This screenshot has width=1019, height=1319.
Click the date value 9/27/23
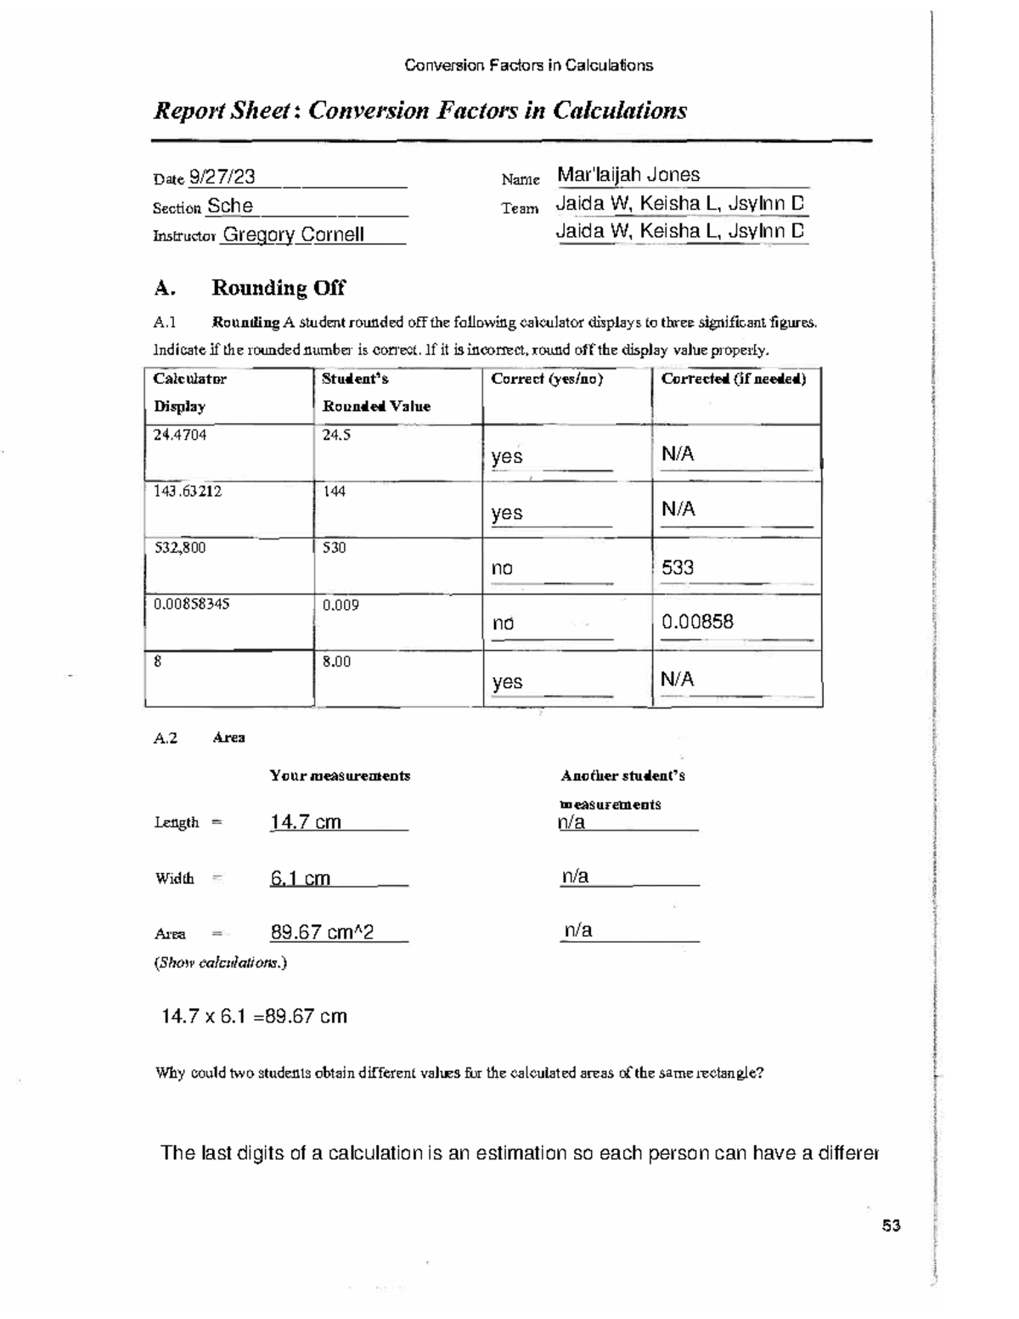click(x=222, y=177)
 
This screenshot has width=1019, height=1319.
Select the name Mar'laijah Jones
click(x=628, y=175)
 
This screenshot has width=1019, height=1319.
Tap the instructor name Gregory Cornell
click(x=293, y=234)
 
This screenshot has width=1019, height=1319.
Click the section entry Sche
click(x=230, y=206)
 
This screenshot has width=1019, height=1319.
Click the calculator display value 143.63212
click(x=188, y=491)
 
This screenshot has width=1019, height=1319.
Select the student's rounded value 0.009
click(x=341, y=605)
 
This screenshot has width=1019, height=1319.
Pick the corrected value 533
click(x=678, y=567)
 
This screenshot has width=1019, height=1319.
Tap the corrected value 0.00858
click(x=697, y=622)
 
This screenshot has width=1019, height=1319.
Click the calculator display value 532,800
click(x=180, y=548)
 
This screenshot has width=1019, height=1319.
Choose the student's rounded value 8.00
click(x=337, y=661)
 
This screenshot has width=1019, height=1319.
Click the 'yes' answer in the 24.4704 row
click(x=507, y=457)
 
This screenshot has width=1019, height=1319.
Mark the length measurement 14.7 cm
click(x=306, y=821)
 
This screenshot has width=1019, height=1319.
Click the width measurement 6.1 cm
click(x=300, y=878)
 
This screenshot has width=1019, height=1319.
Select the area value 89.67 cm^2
click(x=322, y=933)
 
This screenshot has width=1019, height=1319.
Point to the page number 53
click(x=891, y=1226)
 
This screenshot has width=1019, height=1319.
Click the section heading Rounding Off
click(x=278, y=288)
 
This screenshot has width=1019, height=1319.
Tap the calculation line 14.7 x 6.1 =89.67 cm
click(x=254, y=1017)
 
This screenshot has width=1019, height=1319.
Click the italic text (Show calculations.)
click(x=221, y=963)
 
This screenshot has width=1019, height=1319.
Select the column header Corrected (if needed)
click(x=734, y=379)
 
